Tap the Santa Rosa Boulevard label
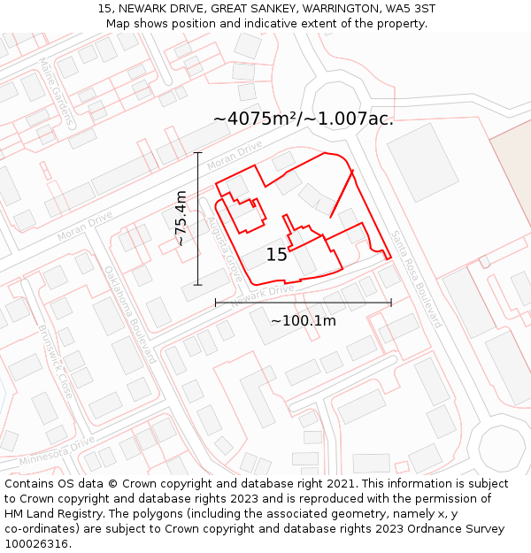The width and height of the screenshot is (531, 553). [415, 279]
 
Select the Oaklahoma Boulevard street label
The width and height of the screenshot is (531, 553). [130, 313]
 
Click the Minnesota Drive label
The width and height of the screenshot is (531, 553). [57, 450]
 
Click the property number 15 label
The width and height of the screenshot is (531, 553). [276, 255]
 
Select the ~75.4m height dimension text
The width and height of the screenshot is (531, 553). [181, 218]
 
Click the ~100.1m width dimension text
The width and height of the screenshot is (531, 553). [304, 320]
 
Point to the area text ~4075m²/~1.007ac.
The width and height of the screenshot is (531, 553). [304, 119]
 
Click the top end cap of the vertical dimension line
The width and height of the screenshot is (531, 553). [197, 153]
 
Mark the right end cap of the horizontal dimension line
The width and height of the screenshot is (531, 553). [391, 303]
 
